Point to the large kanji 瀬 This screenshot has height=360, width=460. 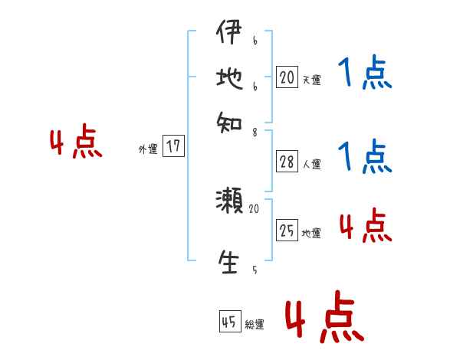tap(229, 201)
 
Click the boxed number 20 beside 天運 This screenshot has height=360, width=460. tap(287, 77)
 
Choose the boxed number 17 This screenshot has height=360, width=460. tap(175, 146)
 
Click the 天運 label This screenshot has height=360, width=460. tap(311, 80)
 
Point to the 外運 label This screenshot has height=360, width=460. tap(148, 149)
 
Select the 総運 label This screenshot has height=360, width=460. tap(254, 325)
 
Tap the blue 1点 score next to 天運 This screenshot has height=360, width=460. tap(364, 74)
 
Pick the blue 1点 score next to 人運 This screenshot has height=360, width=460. tap(364, 157)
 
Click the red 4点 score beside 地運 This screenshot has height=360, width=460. tap(365, 226)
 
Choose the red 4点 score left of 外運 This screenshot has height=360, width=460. tap(76, 143)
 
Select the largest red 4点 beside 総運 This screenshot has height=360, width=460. tap(324, 316)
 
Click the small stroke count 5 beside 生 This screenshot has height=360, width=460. tap(254, 270)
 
